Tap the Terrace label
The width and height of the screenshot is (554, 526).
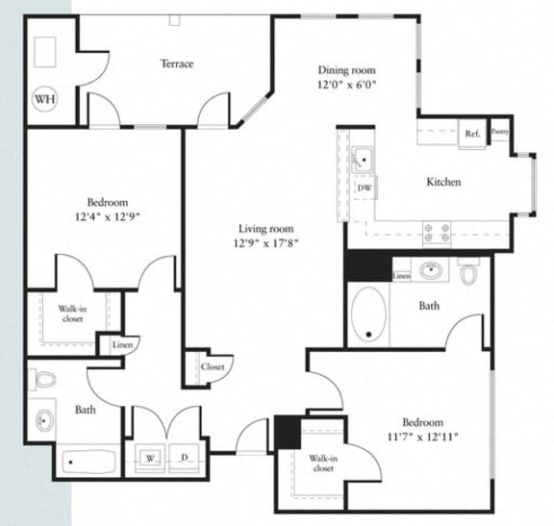tap(177, 64)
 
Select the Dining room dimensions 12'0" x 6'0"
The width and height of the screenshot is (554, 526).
tap(346, 84)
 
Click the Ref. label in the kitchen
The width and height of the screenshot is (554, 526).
tap(472, 134)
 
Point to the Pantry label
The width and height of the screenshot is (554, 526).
tap(499, 132)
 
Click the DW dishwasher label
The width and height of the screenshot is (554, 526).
tap(364, 188)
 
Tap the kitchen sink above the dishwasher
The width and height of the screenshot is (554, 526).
tap(364, 159)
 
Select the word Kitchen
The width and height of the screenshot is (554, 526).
tap(443, 182)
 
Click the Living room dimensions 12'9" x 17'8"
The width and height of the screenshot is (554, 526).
tap(265, 243)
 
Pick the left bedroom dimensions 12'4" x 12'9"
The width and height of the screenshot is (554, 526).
tap(108, 216)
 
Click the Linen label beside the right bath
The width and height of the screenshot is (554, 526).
tap(403, 276)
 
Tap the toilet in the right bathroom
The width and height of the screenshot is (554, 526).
tap(470, 274)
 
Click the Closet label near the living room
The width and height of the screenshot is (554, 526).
tap(213, 366)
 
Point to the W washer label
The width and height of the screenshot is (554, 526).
tap(150, 457)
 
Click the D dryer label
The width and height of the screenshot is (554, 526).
tap(184, 457)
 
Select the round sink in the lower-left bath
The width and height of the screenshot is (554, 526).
tap(46, 420)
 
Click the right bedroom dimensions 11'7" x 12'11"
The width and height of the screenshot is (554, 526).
tap(423, 437)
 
